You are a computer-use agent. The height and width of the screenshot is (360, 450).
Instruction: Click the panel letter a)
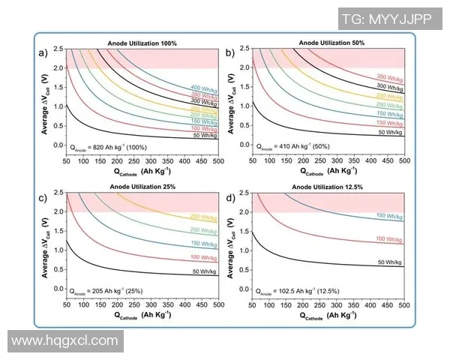(x=45, y=53)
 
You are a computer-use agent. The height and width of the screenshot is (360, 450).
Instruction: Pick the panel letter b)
(x=231, y=53)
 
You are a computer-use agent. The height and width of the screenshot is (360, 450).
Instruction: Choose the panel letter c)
(x=45, y=197)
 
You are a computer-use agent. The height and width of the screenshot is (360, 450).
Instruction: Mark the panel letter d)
(x=231, y=197)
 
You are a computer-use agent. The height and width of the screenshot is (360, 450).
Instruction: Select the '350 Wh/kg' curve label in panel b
(x=390, y=78)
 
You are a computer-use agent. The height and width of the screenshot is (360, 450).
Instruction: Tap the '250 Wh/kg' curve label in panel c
(x=203, y=217)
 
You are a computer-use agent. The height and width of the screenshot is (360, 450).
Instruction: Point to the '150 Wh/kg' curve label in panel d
(x=390, y=215)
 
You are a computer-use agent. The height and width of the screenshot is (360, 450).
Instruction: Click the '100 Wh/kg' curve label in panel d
(x=390, y=238)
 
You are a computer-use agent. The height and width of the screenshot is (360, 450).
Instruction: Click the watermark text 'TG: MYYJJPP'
(x=397, y=19)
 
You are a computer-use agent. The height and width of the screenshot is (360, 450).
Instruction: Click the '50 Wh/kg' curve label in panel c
(x=203, y=270)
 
